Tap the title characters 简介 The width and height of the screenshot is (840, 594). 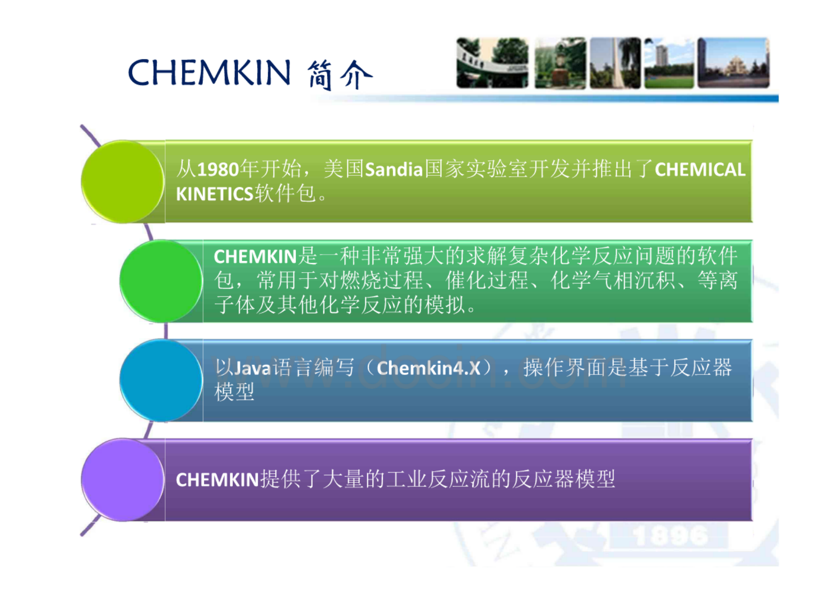[x=341, y=75]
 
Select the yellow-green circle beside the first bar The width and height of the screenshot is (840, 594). [x=123, y=182]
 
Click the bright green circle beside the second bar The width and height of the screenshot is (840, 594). [x=161, y=281]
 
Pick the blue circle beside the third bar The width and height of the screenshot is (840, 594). [x=161, y=380]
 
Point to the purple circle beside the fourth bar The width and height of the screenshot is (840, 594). [x=123, y=480]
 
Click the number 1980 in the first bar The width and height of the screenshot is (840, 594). [x=218, y=170]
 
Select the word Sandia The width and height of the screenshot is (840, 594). [x=394, y=170]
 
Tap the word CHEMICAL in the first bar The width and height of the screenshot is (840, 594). [x=700, y=170]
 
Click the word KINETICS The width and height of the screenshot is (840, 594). [x=214, y=194]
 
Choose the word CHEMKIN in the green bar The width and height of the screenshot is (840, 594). [x=255, y=257]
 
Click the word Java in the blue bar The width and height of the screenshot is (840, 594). [x=253, y=368]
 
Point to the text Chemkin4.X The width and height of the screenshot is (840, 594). [x=429, y=368]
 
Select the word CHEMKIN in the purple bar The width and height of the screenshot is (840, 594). [x=218, y=480]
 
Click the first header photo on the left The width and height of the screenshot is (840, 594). [x=493, y=63]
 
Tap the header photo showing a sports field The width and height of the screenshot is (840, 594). [x=669, y=63]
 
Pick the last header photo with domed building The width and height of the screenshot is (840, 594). [x=733, y=63]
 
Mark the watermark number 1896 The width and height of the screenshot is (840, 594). [x=670, y=536]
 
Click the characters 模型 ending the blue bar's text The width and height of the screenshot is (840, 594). [x=234, y=392]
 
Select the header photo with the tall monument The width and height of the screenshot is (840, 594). [x=615, y=63]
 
